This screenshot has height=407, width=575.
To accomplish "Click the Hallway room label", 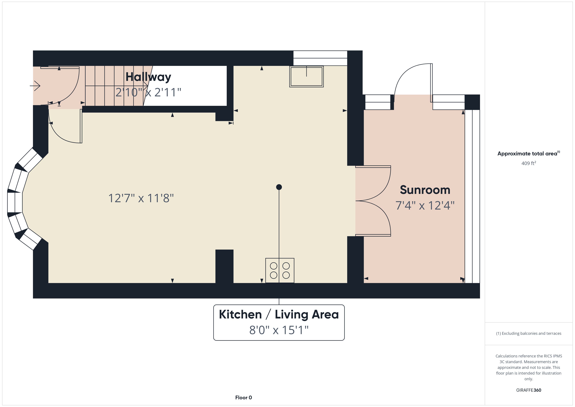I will [148, 77].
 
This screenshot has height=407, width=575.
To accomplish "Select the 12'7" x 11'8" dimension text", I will [141, 198].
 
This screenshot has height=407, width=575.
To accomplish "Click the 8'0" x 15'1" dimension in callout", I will [279, 330].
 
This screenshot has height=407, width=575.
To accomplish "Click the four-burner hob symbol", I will [280, 270].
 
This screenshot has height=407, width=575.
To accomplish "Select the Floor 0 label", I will [243, 398].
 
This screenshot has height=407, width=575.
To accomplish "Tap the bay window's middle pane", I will [15, 203].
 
